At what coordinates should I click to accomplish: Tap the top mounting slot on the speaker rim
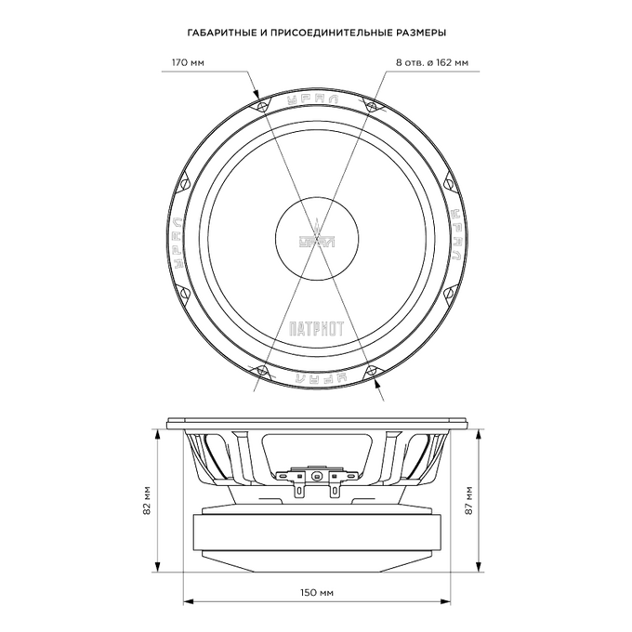(x=316, y=97)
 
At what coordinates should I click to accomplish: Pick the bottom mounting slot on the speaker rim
(x=316, y=379)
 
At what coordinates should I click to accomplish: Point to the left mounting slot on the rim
(x=174, y=238)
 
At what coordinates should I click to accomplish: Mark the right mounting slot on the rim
(x=457, y=238)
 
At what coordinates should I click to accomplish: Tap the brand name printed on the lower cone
(x=316, y=328)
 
